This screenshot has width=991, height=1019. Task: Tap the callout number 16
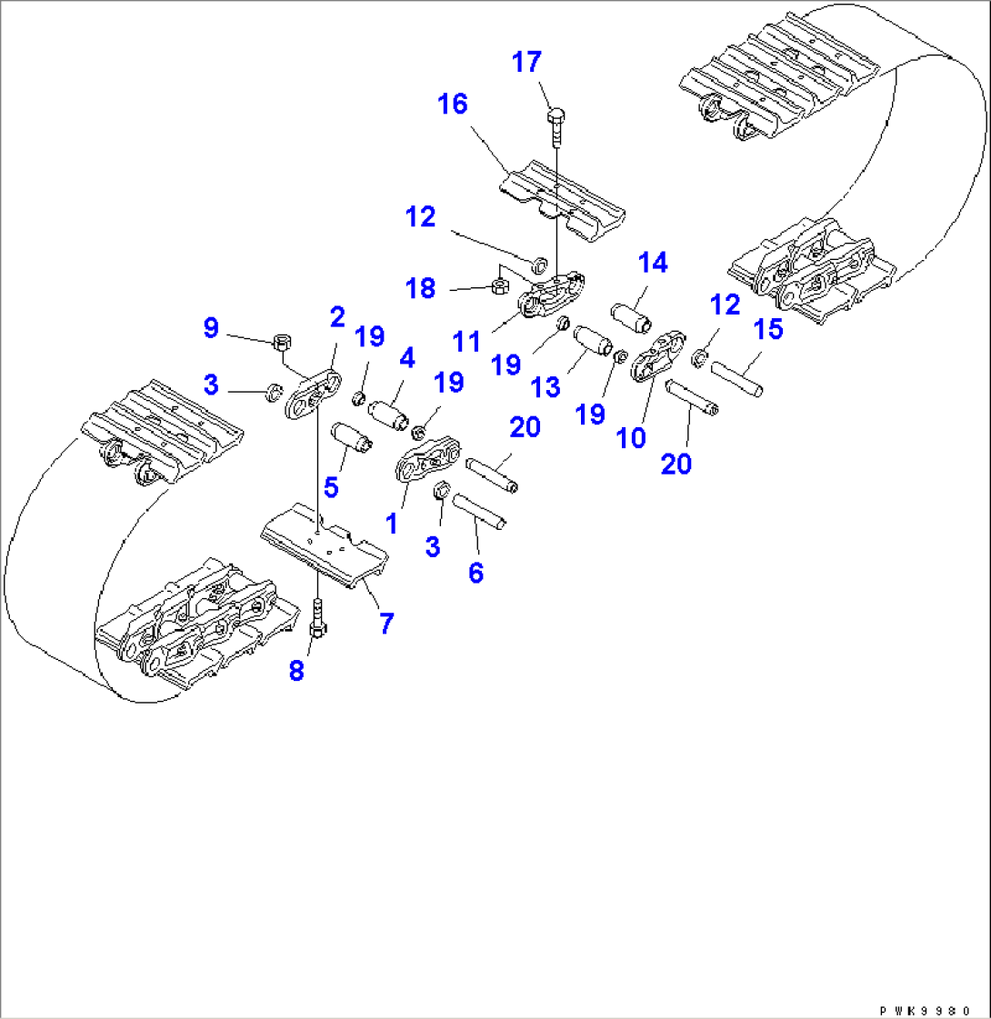point(452,105)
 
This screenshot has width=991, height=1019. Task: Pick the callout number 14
point(653,264)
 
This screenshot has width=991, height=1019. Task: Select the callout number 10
point(631,437)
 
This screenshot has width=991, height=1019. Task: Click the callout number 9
point(211,327)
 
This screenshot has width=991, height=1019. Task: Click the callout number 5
point(332,487)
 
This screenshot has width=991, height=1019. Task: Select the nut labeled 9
point(281,344)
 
